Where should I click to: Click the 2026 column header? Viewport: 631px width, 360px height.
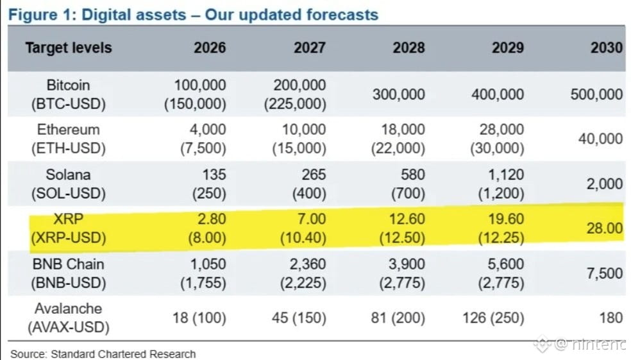pyautogui.click(x=210, y=47)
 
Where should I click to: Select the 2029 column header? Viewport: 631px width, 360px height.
pyautogui.click(x=508, y=47)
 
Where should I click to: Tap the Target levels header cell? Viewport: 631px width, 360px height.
pyautogui.click(x=69, y=48)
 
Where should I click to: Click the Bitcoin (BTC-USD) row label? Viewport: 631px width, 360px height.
pyautogui.click(x=69, y=94)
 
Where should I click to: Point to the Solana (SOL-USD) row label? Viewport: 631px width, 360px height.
pyautogui.click(x=69, y=184)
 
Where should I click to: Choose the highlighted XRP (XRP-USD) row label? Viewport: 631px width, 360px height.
pyautogui.click(x=69, y=228)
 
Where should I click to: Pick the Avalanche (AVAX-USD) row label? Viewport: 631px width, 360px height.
pyautogui.click(x=69, y=318)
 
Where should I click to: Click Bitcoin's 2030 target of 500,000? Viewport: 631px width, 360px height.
pyautogui.click(x=596, y=94)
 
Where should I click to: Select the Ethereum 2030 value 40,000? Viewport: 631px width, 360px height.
pyautogui.click(x=600, y=139)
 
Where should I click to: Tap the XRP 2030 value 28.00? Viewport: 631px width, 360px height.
pyautogui.click(x=605, y=228)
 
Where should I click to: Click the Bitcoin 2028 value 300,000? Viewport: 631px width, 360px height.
pyautogui.click(x=398, y=94)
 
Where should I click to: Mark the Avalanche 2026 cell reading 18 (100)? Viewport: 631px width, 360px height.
pyautogui.click(x=199, y=318)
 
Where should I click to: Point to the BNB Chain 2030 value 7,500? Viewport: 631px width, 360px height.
pyautogui.click(x=605, y=273)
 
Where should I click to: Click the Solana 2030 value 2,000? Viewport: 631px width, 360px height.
pyautogui.click(x=605, y=184)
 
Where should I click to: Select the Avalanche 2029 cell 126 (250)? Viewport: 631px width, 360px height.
pyautogui.click(x=493, y=318)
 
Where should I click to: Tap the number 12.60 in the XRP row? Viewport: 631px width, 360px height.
pyautogui.click(x=407, y=219)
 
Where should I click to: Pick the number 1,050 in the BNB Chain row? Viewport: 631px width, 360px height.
pyautogui.click(x=208, y=264)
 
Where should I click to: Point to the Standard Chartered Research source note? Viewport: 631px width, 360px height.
pyautogui.click(x=103, y=354)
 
